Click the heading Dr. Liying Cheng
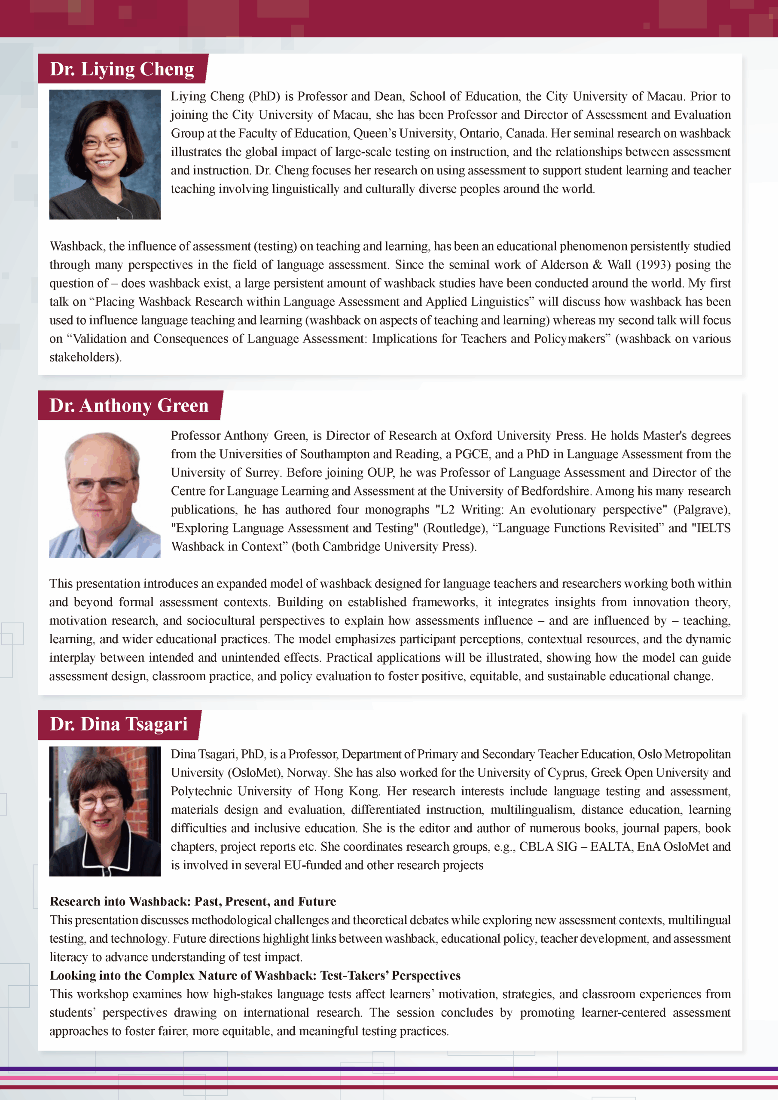pos(122,69)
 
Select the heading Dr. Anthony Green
pos(129,405)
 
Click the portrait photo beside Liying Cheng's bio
pos(105,154)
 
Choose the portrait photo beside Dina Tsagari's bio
pos(105,811)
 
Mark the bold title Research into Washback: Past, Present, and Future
pos(192,901)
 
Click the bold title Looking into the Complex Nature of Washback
pos(255,976)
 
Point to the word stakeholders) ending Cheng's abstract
pos(85,357)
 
